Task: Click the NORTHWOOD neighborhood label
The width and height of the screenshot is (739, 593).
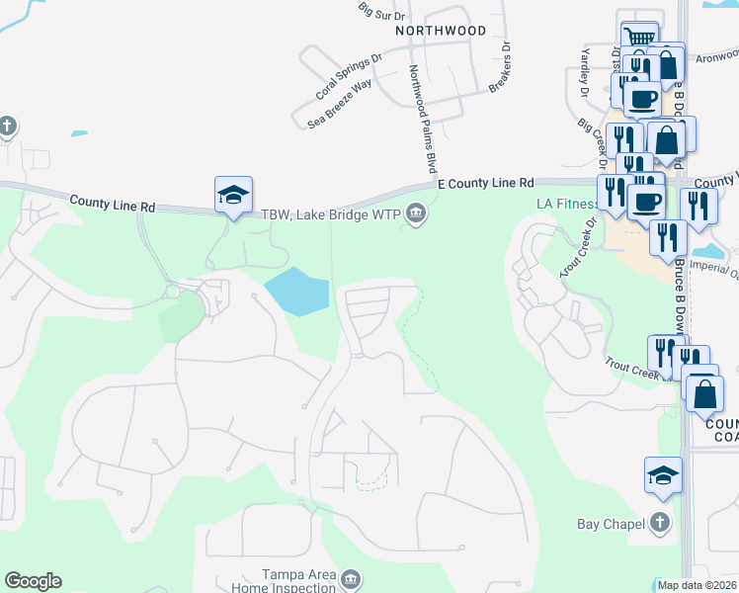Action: [x=441, y=31]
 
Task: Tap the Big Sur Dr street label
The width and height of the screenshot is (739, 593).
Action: [x=383, y=11]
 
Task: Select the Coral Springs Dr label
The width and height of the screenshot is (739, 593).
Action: [x=349, y=78]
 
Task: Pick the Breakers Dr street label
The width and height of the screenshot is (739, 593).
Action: [x=501, y=66]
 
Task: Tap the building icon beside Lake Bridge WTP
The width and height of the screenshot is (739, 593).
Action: [x=416, y=213]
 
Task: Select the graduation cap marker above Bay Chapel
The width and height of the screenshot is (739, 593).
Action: [x=663, y=475]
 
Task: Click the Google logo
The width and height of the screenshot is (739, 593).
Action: [x=33, y=581]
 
